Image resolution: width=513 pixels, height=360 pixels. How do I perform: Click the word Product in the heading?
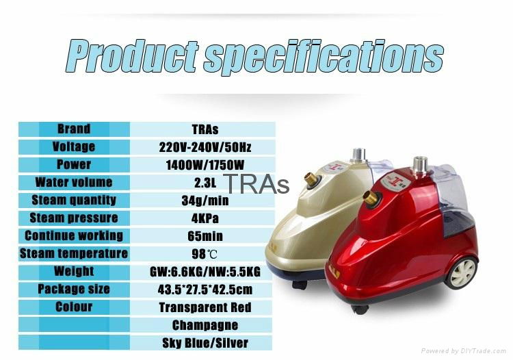133,56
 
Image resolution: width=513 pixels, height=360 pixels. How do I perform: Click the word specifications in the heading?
324,57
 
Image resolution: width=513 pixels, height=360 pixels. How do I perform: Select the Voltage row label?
74,146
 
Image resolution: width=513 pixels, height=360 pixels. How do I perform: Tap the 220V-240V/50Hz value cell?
205,147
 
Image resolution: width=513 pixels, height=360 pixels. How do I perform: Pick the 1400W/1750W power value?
205,165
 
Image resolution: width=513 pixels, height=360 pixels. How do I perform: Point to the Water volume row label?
74,182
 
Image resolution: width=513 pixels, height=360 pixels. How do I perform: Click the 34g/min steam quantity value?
205,201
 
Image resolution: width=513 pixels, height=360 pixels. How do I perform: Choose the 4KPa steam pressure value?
205,218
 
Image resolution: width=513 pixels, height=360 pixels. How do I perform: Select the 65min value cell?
205,236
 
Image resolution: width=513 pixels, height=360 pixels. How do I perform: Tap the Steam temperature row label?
74,254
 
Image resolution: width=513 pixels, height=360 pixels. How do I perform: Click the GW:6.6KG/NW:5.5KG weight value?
205,272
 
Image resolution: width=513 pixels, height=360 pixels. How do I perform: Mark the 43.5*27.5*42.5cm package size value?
205,290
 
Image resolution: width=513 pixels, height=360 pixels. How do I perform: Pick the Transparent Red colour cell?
205,307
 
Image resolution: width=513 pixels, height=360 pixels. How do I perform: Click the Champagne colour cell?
205,325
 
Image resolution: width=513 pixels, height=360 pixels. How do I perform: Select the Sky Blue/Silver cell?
205,343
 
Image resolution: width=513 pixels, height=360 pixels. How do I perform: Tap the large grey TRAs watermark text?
256,184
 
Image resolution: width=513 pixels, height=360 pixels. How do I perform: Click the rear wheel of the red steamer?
462,272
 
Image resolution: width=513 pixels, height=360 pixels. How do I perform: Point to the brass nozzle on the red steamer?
372,198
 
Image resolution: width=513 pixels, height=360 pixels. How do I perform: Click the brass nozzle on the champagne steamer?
312,179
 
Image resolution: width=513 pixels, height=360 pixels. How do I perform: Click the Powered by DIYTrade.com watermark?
464,351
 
